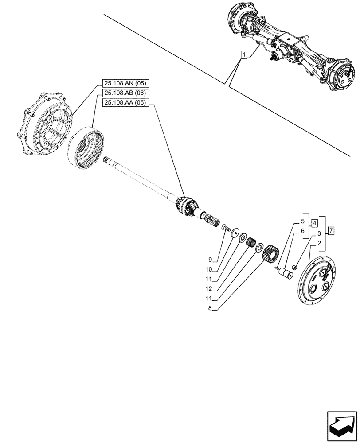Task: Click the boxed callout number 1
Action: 244,55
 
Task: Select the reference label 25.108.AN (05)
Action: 126,83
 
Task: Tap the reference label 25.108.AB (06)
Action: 126,93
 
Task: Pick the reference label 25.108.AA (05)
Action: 126,103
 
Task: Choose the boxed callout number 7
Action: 331,231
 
